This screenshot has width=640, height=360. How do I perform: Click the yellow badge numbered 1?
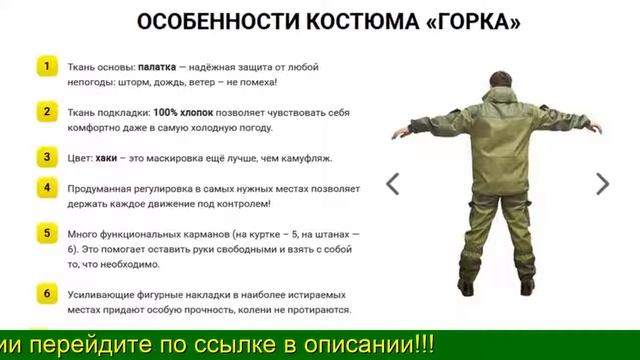pos(46,67)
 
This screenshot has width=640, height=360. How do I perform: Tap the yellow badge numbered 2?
pos(46,112)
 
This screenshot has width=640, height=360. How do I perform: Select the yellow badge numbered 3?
pos(46,158)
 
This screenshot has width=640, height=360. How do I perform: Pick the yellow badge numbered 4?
pos(46,188)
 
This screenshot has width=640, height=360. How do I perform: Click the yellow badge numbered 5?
pos(46,233)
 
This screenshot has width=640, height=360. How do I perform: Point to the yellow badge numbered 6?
pos(46,293)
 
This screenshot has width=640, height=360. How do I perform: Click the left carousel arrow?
pos(393,183)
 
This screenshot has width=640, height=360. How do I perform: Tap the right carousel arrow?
pos(602,183)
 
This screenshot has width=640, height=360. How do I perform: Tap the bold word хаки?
pos(107,158)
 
